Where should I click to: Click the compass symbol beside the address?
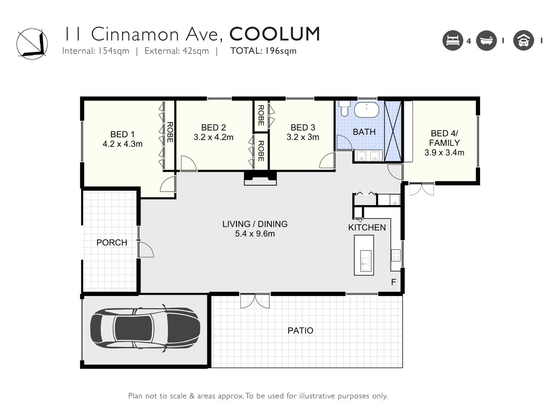point(32,44)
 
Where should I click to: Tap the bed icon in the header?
point(453,41)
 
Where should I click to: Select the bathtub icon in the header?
point(486,41)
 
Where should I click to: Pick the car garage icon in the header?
point(523,41)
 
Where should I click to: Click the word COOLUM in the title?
point(275,34)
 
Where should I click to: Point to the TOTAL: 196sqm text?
point(263,51)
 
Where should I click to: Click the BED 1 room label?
point(122,134)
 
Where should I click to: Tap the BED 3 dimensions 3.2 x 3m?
point(303,137)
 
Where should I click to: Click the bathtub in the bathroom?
point(367,109)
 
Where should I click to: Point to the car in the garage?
point(145,328)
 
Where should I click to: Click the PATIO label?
point(300,331)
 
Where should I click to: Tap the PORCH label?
point(112,242)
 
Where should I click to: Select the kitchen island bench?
point(364,255)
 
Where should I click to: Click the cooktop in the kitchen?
point(396,255)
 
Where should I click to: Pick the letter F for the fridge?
point(393,282)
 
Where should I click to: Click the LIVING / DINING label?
point(255,224)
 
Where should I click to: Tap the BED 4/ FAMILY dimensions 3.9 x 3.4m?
point(444,153)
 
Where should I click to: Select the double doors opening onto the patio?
point(255,301)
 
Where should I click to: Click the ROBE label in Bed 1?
point(170,132)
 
